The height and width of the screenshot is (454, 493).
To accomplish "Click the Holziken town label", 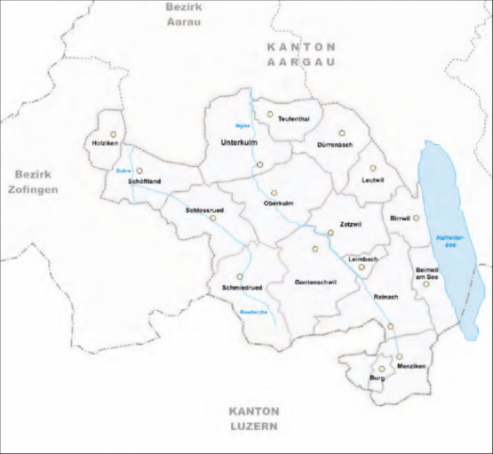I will (106, 143).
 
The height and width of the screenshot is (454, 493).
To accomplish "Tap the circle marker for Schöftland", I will (139, 171).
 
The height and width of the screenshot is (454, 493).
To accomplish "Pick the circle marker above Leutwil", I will (374, 168).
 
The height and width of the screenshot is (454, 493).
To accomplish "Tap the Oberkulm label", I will (278, 203).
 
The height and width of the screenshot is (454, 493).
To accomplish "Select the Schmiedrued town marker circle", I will (239, 276).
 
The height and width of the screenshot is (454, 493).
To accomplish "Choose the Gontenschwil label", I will (314, 282).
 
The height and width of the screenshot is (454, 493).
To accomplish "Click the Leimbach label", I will (364, 258).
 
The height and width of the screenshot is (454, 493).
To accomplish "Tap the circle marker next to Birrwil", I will (416, 217).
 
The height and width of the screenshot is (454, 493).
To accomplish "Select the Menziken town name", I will (412, 366).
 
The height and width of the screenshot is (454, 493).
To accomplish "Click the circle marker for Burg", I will (382, 369).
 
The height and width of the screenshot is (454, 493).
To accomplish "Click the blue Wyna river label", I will (242, 124).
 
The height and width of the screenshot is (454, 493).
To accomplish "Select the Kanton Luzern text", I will (253, 418).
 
